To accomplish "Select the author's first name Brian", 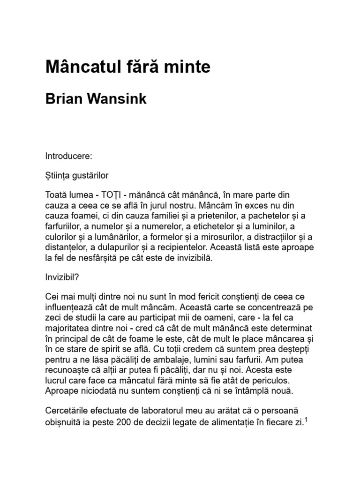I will click(65, 99).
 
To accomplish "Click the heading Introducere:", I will click(69, 155).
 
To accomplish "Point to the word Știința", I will click(59, 175).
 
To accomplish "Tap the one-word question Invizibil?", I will click(62, 277).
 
